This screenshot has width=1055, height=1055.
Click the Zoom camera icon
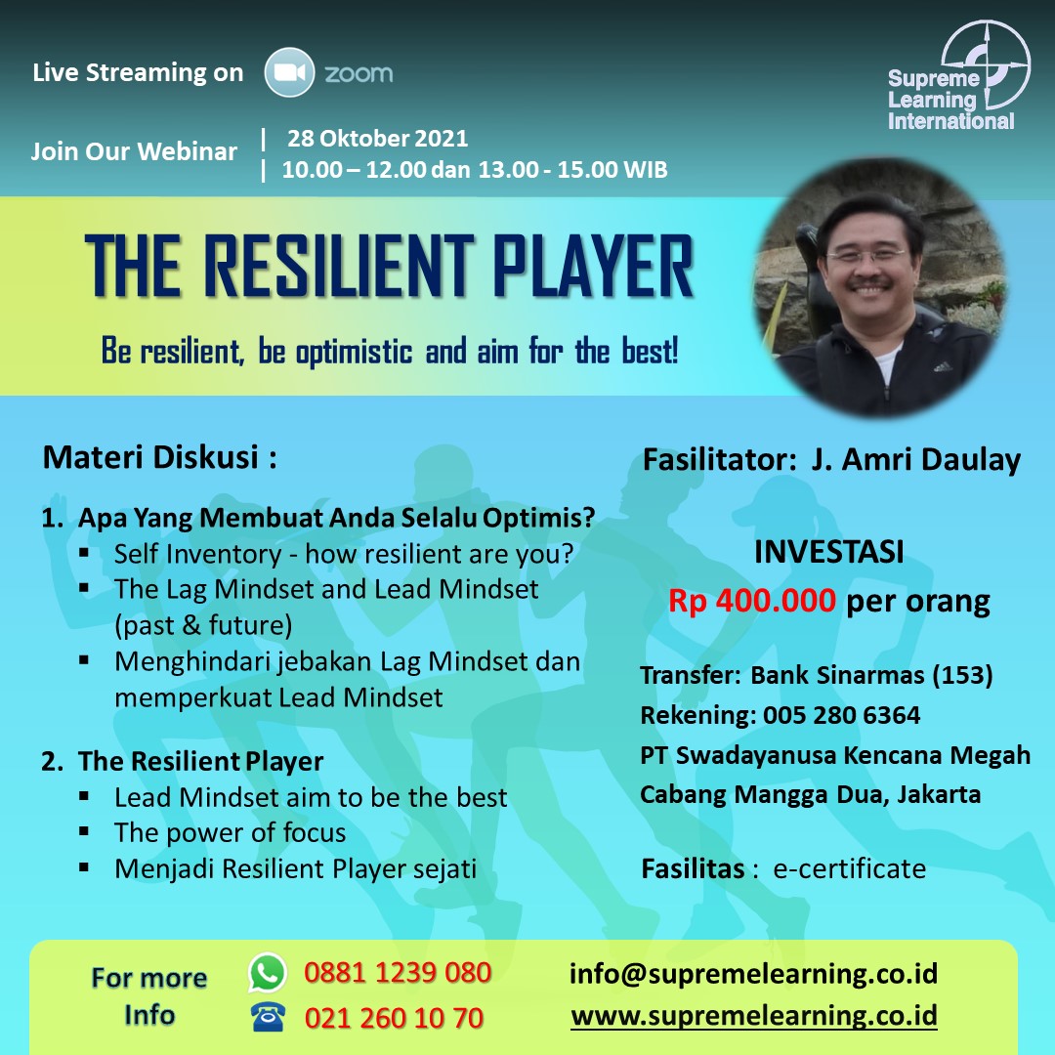(289, 72)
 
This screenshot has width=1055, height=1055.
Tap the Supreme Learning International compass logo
(986, 64)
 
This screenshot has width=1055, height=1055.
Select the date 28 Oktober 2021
(377, 139)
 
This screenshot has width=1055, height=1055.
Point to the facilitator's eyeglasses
(868, 256)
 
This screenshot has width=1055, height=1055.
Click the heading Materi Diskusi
(159, 457)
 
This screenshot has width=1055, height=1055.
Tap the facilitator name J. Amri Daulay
(915, 460)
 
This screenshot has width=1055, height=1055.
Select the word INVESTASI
(829, 552)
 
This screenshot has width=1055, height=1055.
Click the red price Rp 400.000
(751, 600)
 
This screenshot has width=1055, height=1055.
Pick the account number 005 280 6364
(841, 715)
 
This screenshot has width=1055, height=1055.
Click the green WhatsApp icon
(268, 972)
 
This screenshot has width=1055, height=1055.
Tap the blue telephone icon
(268, 1017)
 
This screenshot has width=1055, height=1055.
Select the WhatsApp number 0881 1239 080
(398, 973)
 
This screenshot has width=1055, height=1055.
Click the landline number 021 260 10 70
(394, 1018)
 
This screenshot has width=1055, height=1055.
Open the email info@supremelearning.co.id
(753, 974)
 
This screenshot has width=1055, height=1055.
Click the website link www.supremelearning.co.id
(753, 1015)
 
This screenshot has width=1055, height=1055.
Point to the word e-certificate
(849, 868)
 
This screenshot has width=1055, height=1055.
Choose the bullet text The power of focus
(231, 833)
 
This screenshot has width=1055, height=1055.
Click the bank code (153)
(962, 675)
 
